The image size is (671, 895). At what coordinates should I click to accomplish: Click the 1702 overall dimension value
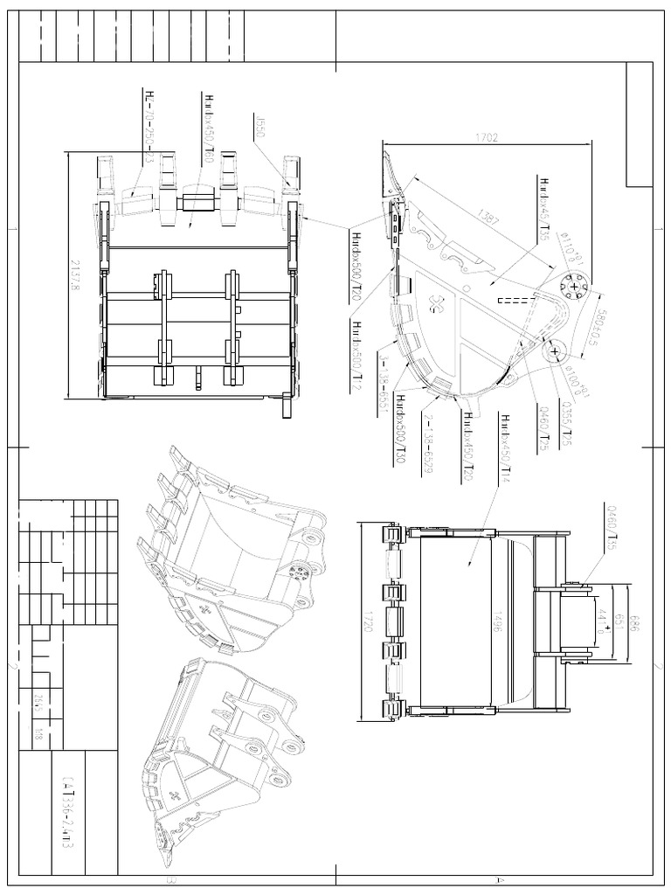click(488, 137)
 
